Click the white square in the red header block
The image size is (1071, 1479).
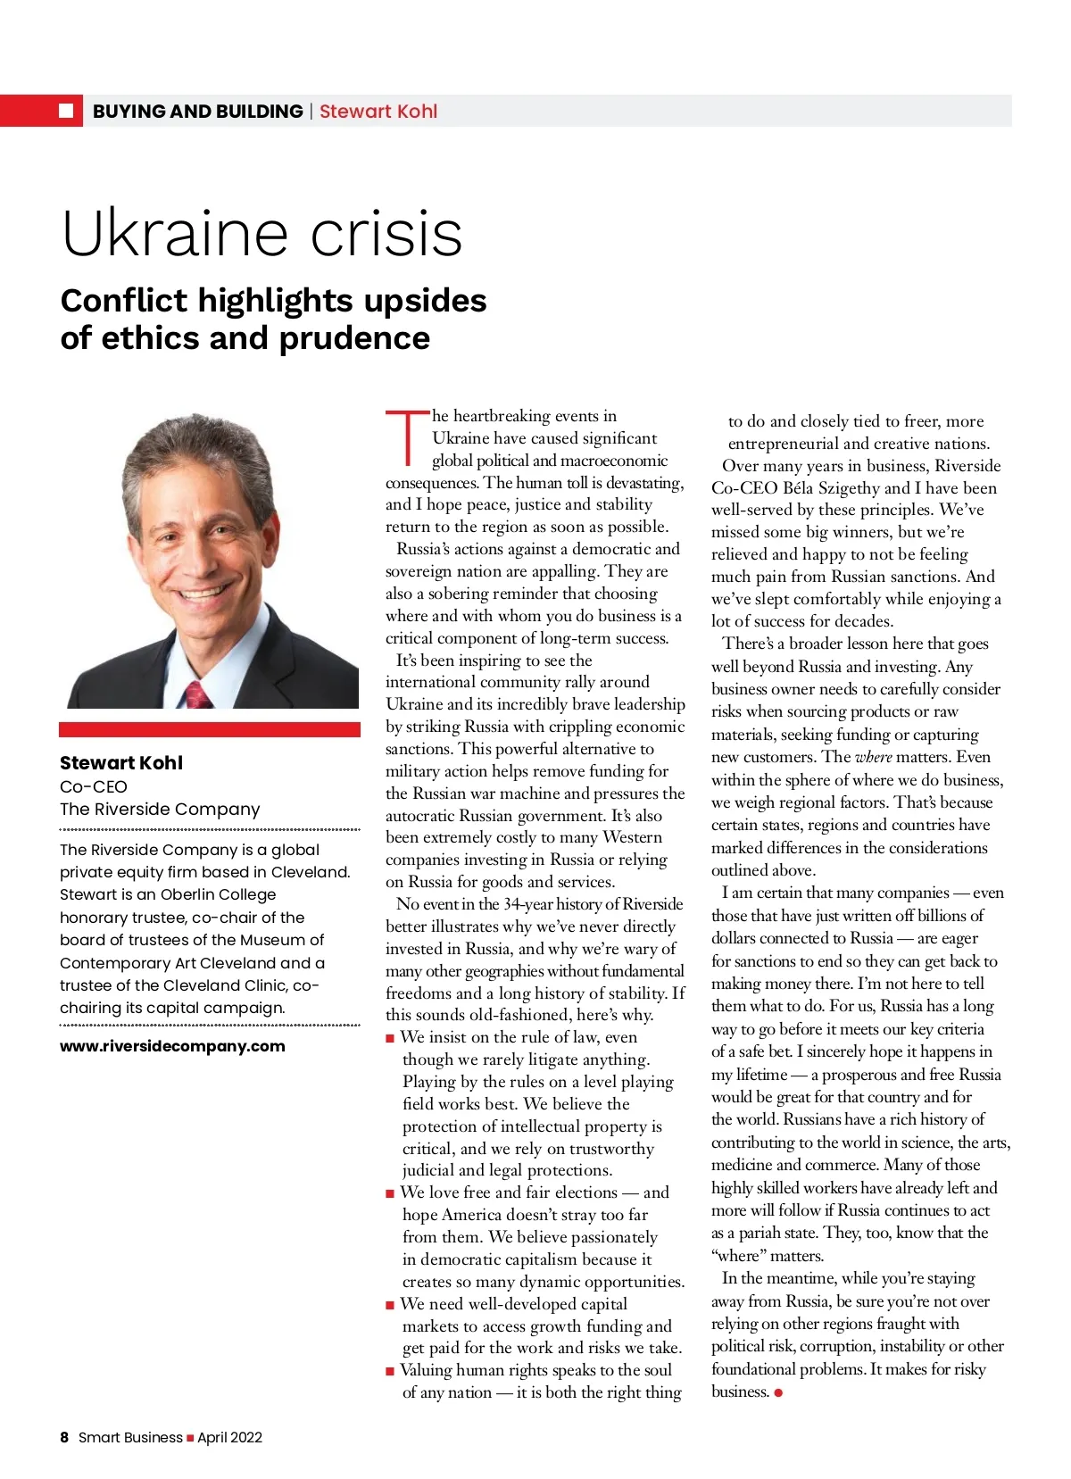pos(65,111)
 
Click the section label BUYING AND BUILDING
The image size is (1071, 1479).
pos(197,112)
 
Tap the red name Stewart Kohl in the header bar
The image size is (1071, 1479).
pos(378,112)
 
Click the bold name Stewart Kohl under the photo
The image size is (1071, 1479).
pos(121,763)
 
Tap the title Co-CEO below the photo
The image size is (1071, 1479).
pos(94,786)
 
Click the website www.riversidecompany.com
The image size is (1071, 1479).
pos(172,1046)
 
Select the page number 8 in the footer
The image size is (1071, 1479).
pos(64,1437)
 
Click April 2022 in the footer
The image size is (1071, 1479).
pos(229,1437)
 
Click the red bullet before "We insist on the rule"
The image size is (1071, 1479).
pos(390,1038)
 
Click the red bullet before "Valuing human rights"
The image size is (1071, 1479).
pos(390,1371)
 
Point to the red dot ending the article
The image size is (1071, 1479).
pos(778,1392)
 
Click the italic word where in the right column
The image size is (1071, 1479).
pos(873,757)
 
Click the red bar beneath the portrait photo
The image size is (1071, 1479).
pos(210,729)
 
